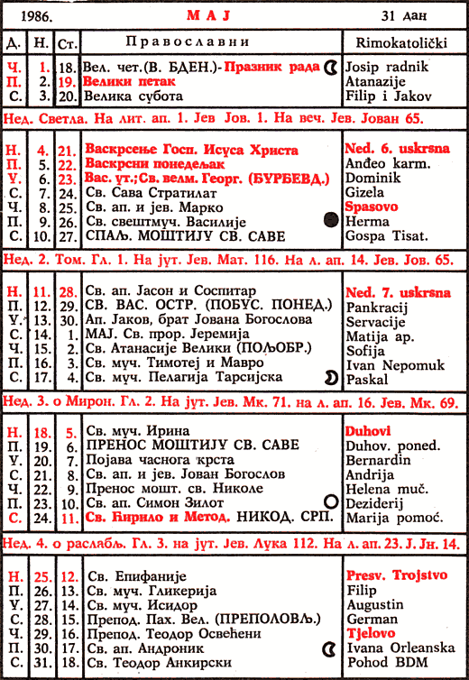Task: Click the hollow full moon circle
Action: click(329, 501)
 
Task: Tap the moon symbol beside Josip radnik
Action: click(330, 67)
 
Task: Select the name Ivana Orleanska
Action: click(398, 648)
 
